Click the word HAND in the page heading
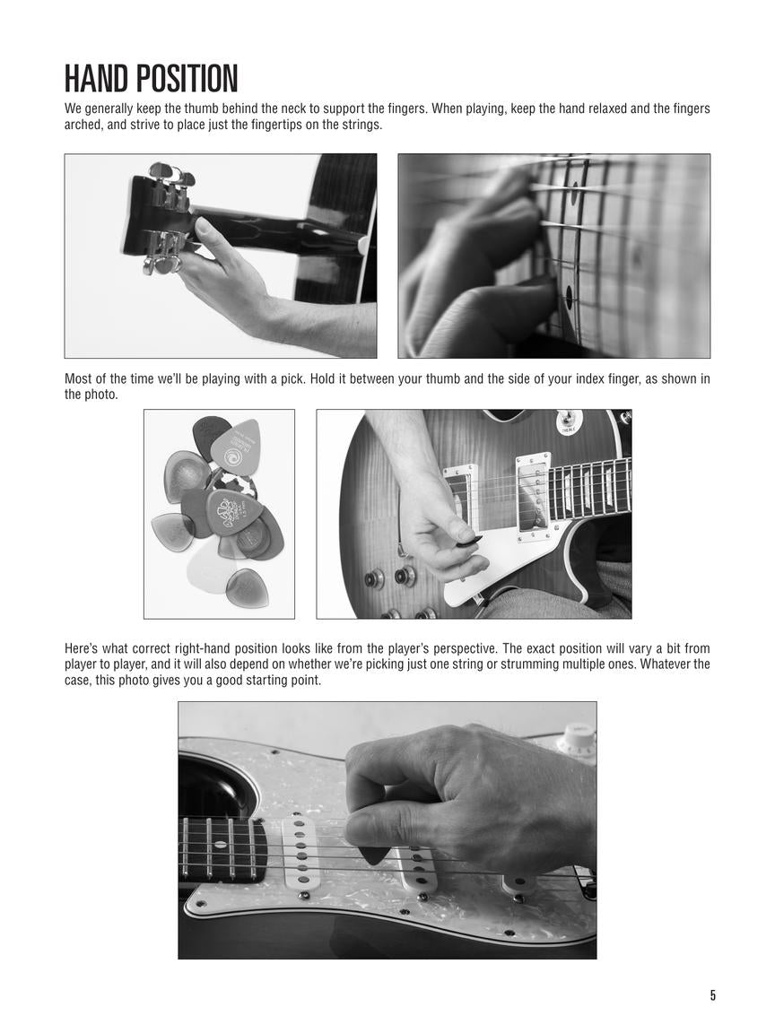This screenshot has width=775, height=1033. tap(97, 79)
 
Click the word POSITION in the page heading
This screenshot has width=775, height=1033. tap(186, 79)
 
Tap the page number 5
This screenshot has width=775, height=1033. tap(713, 995)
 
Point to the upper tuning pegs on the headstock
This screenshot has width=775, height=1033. tap(170, 176)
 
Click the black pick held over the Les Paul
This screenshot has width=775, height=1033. tap(468, 542)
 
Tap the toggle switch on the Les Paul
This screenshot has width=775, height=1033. tap(568, 419)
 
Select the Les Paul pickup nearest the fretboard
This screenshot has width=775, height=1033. tap(532, 496)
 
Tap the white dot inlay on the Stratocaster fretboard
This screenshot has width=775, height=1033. tap(218, 846)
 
